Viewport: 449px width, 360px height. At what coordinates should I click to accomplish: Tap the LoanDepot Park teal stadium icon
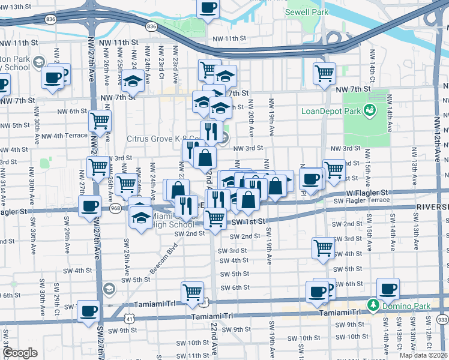[369, 110]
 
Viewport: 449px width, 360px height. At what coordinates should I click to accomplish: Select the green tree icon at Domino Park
[372, 305]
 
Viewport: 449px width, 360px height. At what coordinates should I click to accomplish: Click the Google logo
[20, 353]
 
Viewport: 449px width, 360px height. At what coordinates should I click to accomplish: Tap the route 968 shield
[116, 208]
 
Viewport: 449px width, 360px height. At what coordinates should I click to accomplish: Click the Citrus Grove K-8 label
[166, 139]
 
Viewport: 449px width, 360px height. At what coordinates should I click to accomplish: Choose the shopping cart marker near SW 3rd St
[323, 247]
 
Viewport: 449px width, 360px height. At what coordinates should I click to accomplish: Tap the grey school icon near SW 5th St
[109, 289]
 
